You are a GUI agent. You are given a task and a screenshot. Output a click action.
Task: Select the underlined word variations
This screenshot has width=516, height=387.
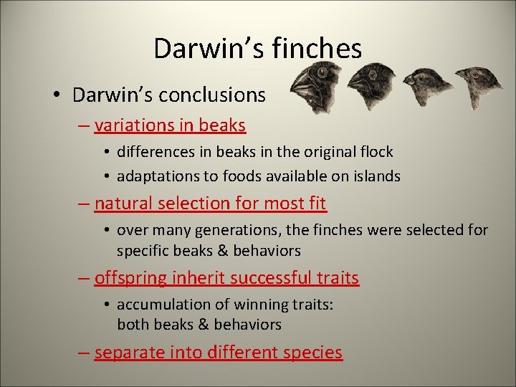[134, 125]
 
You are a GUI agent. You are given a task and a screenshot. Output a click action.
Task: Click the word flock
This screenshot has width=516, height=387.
[376, 152]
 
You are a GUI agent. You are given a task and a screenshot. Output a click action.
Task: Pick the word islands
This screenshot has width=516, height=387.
[376, 176]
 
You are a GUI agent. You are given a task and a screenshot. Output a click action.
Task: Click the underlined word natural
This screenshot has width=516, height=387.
[120, 204]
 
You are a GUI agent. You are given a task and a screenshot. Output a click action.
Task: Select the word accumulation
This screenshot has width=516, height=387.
[161, 305]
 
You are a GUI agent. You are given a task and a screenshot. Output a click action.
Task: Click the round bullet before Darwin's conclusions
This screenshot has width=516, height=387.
[61, 95]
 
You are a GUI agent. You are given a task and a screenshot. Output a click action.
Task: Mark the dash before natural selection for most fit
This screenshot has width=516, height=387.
[83, 204]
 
